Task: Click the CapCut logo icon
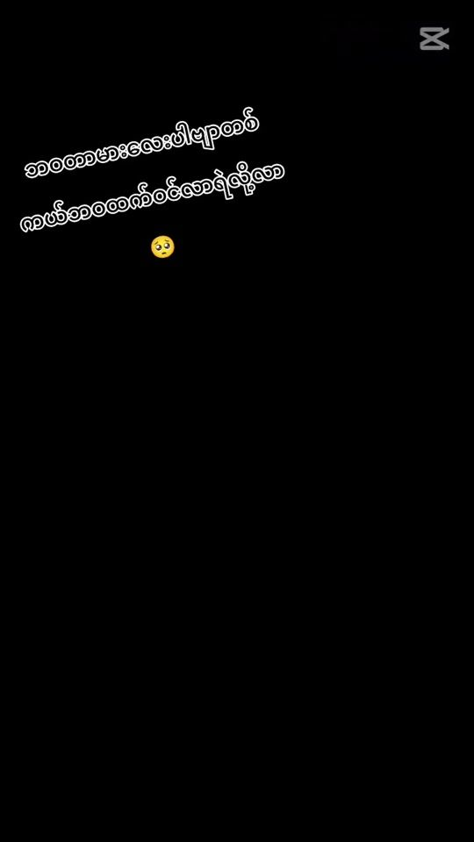coord(434,39)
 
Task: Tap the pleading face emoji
coord(162,247)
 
